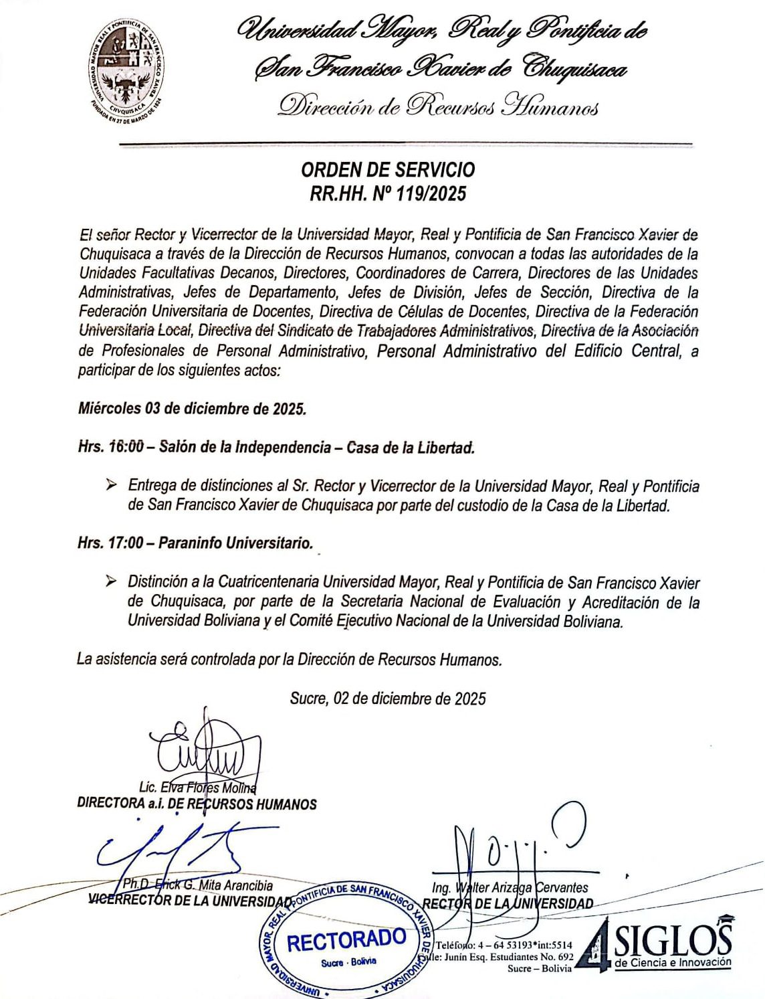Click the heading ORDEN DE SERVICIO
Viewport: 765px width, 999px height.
(x=389, y=170)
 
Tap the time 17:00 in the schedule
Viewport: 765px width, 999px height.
(x=125, y=543)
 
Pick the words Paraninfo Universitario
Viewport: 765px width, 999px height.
(x=236, y=543)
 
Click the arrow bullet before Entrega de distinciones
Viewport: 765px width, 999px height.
(x=111, y=485)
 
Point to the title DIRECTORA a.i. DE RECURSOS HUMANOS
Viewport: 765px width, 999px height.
(x=197, y=804)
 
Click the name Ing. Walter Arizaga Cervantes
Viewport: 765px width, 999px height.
(x=510, y=888)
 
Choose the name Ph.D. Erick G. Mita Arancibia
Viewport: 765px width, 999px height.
(x=198, y=885)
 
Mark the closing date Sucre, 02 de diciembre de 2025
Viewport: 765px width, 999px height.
(x=388, y=699)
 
